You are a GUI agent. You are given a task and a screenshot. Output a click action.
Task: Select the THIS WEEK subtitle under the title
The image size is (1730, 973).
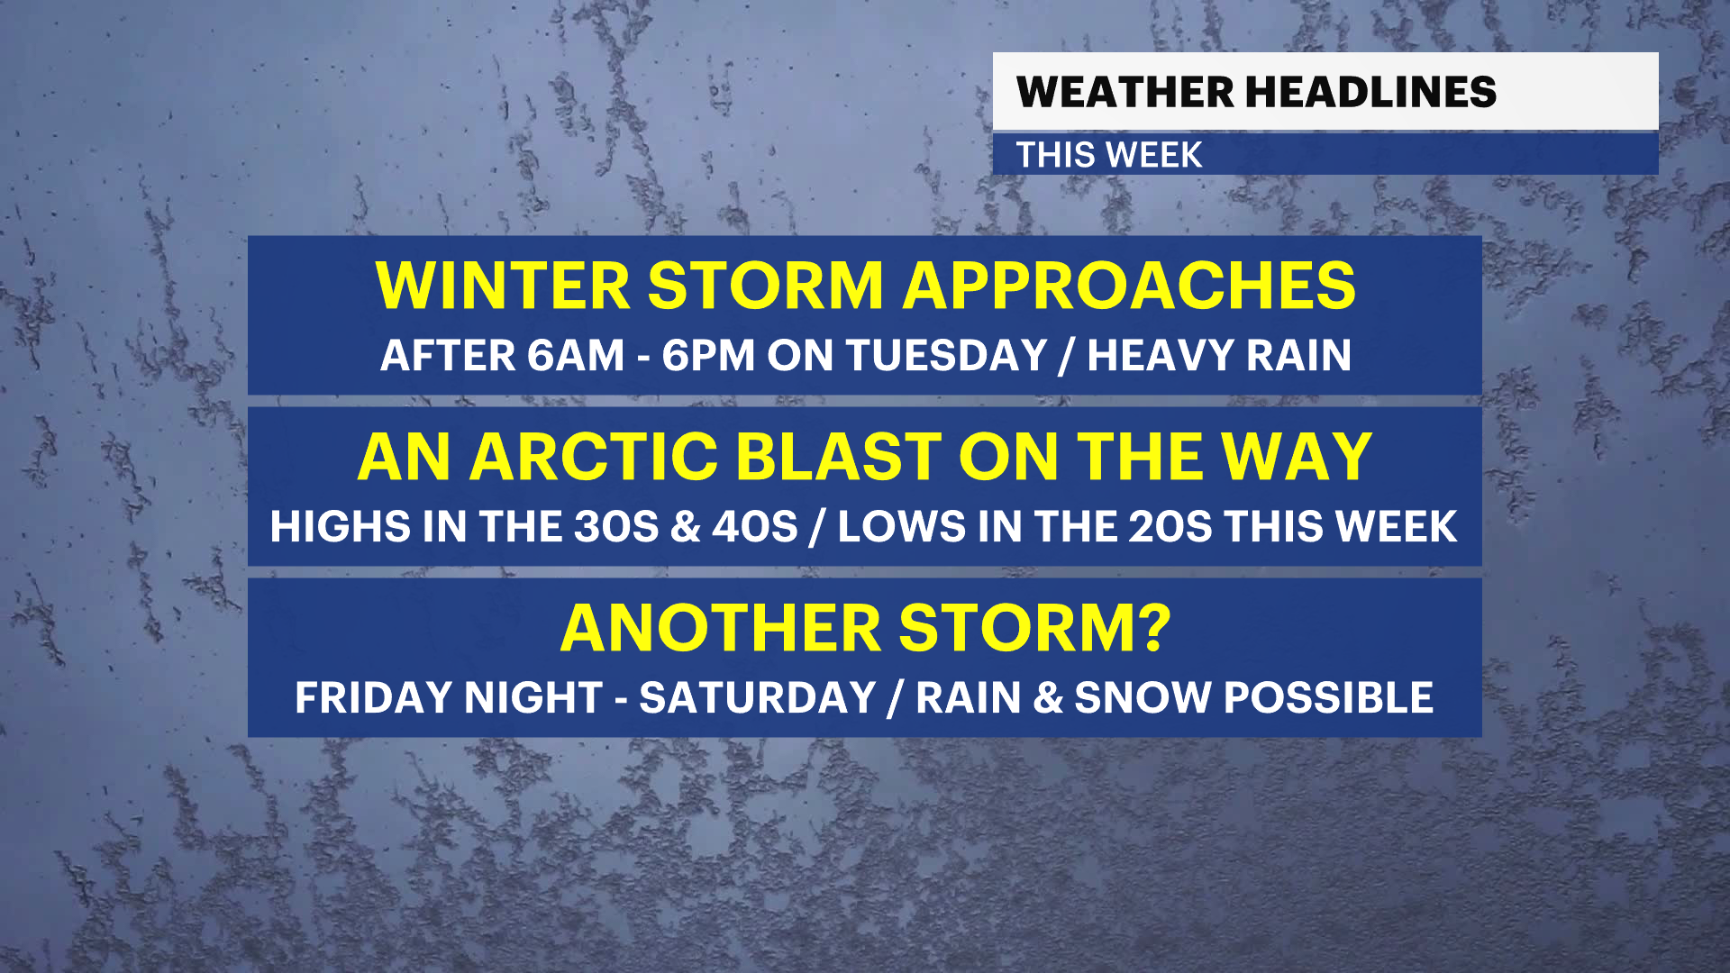1109,155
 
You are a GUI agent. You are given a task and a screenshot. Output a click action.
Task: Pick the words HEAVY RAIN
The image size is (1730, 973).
1219,355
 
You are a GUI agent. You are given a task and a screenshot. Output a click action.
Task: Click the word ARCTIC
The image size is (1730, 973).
593,457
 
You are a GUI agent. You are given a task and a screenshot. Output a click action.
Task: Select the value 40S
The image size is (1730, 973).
755,526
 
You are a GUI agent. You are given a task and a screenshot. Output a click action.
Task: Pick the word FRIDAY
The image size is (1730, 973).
373,697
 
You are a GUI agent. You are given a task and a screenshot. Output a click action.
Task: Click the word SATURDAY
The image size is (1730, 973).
758,697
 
